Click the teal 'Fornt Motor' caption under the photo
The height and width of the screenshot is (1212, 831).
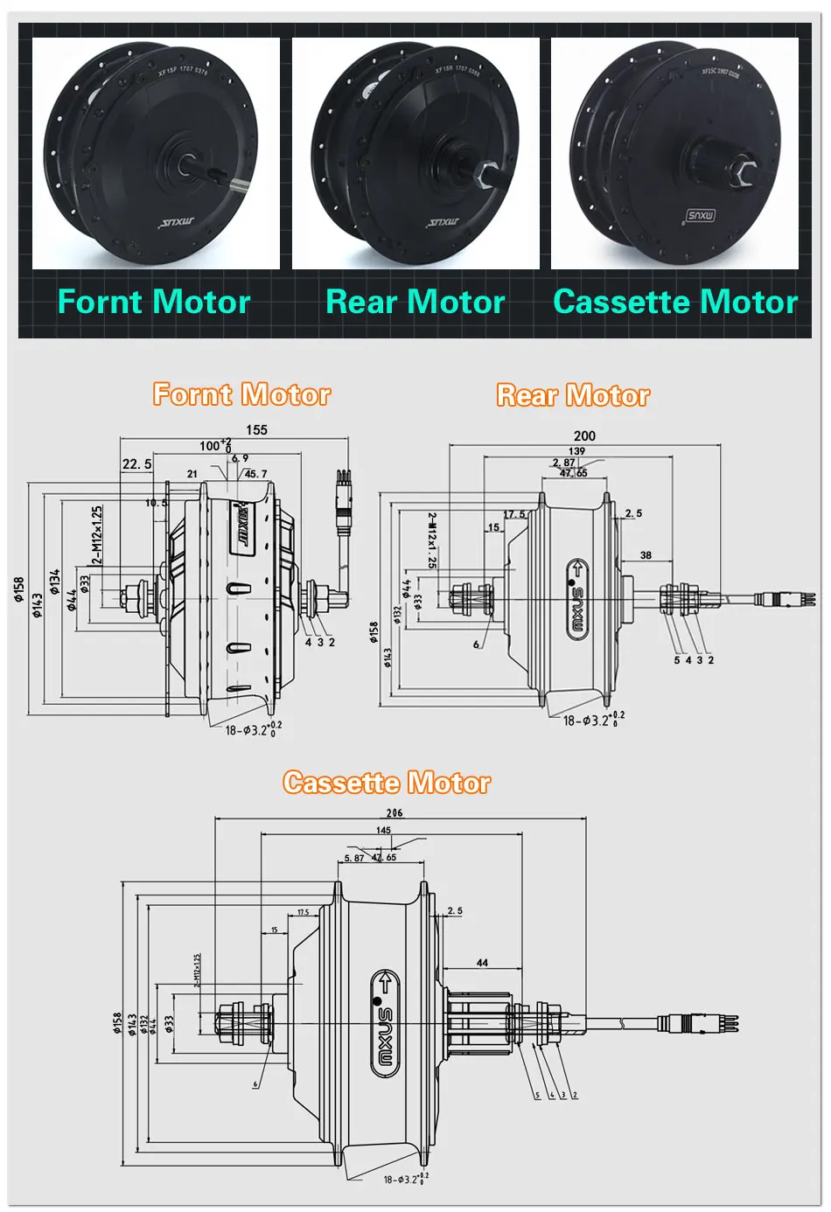click(x=154, y=303)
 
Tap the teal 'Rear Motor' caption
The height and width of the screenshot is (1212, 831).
click(x=415, y=303)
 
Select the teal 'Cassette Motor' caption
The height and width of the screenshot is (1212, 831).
click(x=675, y=303)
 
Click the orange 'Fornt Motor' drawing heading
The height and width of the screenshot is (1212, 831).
click(x=241, y=394)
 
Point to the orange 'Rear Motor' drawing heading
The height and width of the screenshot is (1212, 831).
click(x=573, y=395)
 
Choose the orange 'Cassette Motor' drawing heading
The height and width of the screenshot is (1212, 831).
click(x=386, y=783)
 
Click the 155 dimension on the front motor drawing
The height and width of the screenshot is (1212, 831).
click(x=256, y=429)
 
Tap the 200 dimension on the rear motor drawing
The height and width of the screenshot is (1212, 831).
click(x=584, y=435)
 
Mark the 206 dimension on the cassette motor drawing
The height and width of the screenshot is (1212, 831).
click(x=395, y=813)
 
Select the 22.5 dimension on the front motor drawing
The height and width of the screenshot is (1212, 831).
click(x=136, y=464)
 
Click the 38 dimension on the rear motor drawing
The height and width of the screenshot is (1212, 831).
click(x=646, y=555)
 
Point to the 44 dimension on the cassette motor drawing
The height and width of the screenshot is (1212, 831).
click(x=482, y=963)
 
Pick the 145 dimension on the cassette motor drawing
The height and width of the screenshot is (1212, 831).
click(x=383, y=831)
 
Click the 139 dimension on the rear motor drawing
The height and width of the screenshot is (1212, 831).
click(x=576, y=451)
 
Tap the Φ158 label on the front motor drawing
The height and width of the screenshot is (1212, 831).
click(x=18, y=589)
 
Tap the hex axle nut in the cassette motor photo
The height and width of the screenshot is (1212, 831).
click(x=746, y=169)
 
